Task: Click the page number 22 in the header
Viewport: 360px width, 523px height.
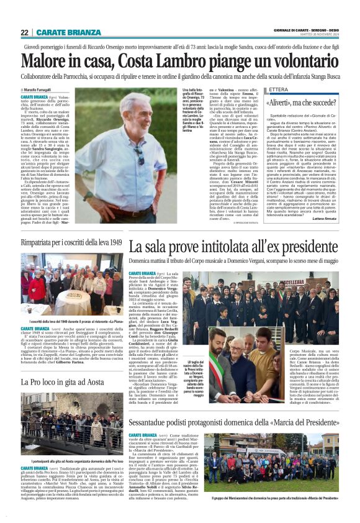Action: click(x=25, y=32)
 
